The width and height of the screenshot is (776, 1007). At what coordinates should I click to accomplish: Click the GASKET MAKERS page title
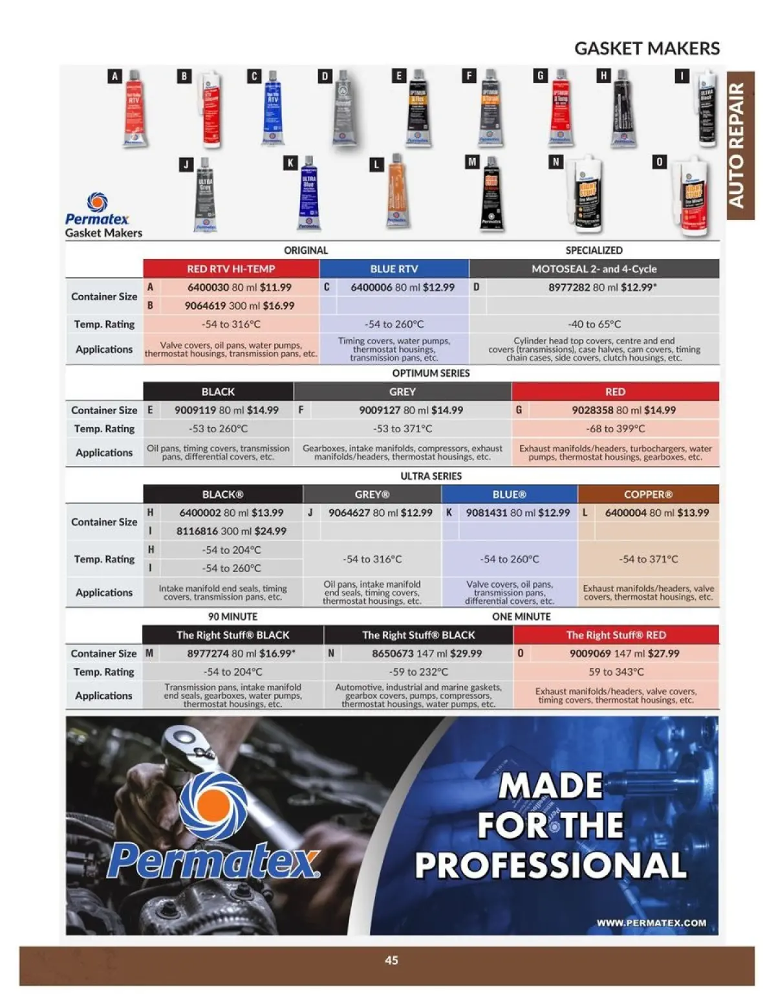[647, 49]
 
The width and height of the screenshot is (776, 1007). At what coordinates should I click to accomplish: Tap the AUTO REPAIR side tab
[737, 145]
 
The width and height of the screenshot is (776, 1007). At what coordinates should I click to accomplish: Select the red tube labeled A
[133, 110]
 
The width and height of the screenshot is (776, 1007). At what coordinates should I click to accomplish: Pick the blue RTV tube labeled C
[272, 110]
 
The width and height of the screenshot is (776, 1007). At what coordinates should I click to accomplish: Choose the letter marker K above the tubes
[290, 163]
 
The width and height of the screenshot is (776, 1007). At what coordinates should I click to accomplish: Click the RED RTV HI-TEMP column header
[231, 269]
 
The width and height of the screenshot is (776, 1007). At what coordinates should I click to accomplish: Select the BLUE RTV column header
[394, 269]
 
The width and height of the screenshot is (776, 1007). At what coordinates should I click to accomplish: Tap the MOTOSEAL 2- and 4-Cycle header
[594, 269]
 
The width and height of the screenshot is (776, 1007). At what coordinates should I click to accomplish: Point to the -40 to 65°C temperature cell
[594, 324]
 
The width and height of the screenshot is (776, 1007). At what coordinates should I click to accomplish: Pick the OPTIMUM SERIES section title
[431, 373]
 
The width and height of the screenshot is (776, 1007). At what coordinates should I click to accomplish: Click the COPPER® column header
[648, 494]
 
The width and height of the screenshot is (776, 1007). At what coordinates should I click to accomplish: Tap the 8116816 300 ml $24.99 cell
[231, 531]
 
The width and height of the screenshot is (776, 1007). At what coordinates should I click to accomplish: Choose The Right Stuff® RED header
[616, 635]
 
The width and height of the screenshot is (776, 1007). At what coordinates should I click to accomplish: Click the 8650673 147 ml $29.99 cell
[426, 654]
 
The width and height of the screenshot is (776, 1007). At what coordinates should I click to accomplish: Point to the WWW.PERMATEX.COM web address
[651, 923]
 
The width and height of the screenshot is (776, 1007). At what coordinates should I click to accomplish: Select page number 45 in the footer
[391, 960]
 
